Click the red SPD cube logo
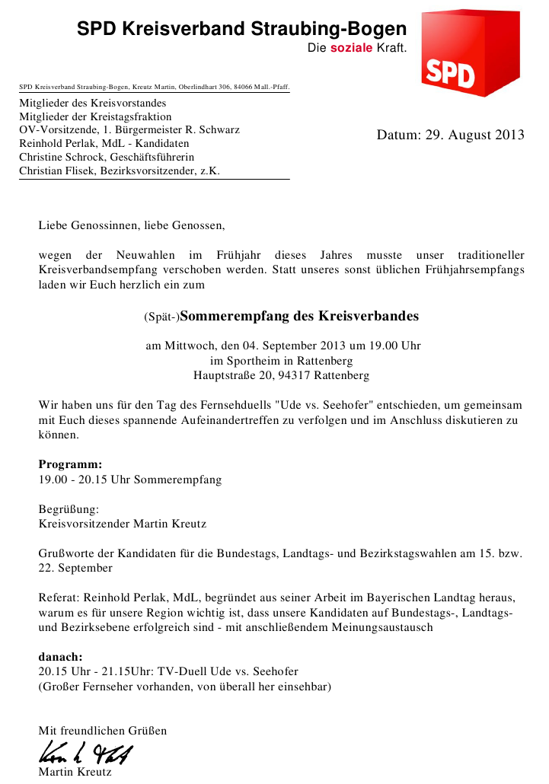click(469, 53)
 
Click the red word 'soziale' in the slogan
click(351, 48)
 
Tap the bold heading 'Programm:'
click(70, 464)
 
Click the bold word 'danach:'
click(60, 656)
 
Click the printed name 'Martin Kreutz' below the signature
click(75, 773)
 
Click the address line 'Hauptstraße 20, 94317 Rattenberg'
click(281, 376)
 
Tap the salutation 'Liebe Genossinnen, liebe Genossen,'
click(132, 226)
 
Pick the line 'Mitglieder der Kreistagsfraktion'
click(95, 117)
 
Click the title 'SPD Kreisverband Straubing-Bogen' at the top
click(242, 30)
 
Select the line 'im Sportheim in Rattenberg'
click(281, 361)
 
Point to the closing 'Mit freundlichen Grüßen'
click(102, 731)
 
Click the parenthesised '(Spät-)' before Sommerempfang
click(161, 317)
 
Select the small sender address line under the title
click(154, 88)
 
